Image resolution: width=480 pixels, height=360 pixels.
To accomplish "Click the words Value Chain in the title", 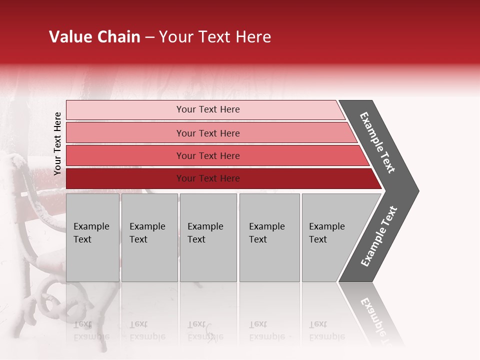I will tap(94, 37).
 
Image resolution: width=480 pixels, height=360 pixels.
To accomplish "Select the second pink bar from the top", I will tap(207, 133).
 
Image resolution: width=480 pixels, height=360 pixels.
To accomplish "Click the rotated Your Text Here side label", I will tap(57, 143).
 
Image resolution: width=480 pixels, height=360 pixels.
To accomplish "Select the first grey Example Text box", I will tap(92, 237).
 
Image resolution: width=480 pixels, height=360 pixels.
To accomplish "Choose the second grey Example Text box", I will tap(149, 237).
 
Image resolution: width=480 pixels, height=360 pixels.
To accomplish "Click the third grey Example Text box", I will tap(208, 237).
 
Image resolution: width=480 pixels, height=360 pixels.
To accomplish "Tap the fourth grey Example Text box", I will tap(269, 237).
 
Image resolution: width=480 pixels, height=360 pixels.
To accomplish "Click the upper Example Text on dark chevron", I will tap(377, 143).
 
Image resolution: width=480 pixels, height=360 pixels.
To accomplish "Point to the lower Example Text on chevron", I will tap(378, 236).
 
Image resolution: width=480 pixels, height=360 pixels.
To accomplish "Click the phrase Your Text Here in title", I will tap(215, 37).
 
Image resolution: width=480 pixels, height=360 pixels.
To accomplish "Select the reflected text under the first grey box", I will tap(92, 330).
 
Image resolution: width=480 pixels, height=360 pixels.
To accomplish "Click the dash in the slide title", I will tap(149, 37).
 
